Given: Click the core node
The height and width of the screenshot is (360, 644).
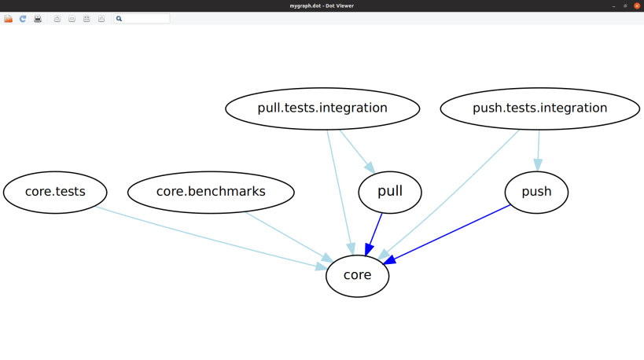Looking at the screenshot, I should (357, 275).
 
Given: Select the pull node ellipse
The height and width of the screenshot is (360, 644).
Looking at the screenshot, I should (390, 192).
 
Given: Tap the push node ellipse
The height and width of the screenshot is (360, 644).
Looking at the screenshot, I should (536, 192).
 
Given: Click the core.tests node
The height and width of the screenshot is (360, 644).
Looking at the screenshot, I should (55, 192).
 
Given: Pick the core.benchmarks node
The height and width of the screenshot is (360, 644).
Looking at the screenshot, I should (211, 192).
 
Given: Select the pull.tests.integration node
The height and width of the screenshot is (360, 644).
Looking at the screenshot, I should (322, 108).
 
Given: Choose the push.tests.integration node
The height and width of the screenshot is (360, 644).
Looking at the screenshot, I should (539, 108).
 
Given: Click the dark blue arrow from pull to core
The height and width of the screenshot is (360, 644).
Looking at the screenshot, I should (375, 232).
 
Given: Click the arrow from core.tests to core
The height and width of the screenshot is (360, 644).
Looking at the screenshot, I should (212, 238).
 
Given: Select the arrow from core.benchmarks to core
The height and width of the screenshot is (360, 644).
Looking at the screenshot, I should (287, 236).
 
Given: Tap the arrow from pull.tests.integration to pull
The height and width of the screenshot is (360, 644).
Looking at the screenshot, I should (356, 150).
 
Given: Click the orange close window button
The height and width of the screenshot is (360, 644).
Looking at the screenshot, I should (637, 6).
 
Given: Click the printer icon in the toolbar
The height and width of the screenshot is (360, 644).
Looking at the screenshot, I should (38, 19).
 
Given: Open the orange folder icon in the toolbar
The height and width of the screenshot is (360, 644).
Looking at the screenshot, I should (9, 19).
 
